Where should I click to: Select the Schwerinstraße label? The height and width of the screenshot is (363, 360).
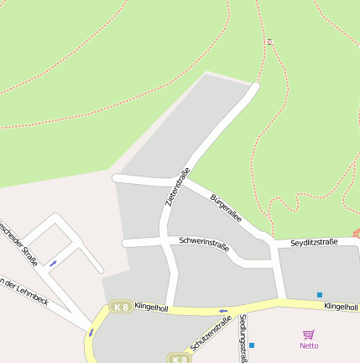204,244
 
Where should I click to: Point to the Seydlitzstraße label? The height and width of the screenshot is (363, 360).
314,242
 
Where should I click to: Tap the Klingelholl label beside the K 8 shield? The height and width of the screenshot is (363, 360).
151,308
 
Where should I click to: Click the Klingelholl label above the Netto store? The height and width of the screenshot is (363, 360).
341,308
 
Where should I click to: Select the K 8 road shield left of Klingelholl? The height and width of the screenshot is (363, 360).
121,308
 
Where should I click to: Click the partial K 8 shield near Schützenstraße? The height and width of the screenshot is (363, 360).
179,359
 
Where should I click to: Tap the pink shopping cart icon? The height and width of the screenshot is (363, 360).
308,334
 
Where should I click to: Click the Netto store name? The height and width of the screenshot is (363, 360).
309,345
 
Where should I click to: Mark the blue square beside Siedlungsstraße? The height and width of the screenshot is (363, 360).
251,345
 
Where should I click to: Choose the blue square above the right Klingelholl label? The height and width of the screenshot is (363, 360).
319,294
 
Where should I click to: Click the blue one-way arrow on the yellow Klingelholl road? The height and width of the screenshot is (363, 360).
223,311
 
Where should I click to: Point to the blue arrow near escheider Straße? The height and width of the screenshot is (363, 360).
53,264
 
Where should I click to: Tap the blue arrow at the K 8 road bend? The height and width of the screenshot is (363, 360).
91,333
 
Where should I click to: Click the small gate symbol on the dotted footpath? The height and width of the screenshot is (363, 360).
269,41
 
